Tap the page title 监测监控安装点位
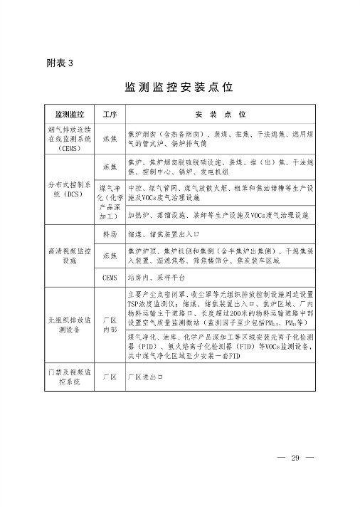point(179,88)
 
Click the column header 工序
point(110,114)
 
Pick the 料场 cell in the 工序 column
point(110,233)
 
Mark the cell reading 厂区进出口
point(145,377)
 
